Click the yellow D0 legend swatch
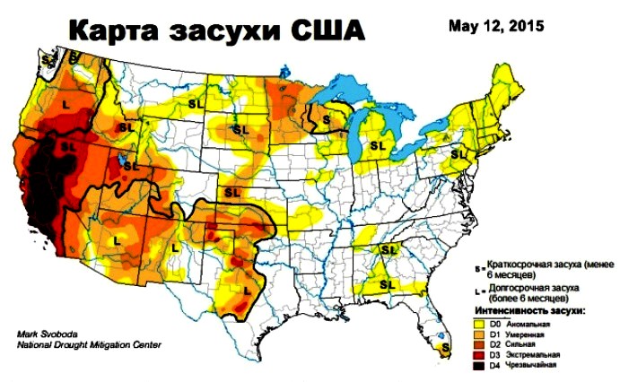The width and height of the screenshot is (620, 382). coord(480,323)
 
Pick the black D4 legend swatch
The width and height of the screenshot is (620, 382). coord(480,365)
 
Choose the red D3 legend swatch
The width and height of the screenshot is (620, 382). coord(480,354)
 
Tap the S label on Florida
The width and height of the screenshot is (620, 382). coord(443,344)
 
